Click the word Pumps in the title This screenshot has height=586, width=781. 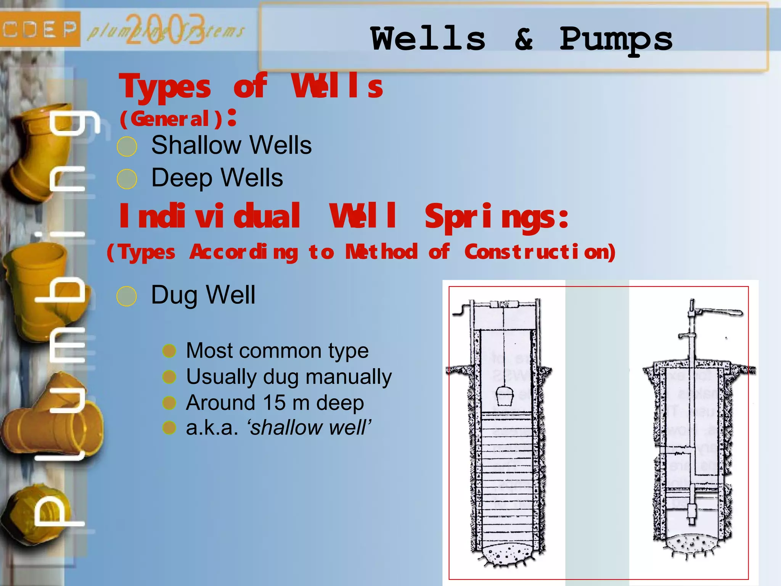[616, 40]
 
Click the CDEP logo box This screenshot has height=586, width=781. [40, 29]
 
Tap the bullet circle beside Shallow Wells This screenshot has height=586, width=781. [127, 146]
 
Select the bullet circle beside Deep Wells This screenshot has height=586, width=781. [127, 179]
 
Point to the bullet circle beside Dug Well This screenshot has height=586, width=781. [127, 296]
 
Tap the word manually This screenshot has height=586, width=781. [349, 377]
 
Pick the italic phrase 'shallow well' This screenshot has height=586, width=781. [309, 427]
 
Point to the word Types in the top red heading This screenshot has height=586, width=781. [165, 87]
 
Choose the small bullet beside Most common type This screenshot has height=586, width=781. [169, 351]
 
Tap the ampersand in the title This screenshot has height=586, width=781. [524, 39]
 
